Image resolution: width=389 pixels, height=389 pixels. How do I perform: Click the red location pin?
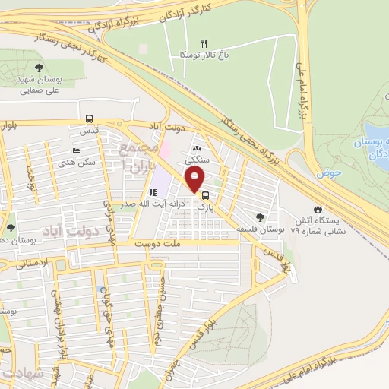pos(195,179)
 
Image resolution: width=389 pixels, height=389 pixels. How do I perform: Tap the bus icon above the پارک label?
pos(206,194)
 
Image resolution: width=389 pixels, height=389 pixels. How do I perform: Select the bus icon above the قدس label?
pos(89,119)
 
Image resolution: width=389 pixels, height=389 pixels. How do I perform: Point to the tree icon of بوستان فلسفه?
pos(261,217)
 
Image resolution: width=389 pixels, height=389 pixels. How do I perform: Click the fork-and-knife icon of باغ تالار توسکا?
pos(203,43)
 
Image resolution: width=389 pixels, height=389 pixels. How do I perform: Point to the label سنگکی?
pos(198,161)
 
